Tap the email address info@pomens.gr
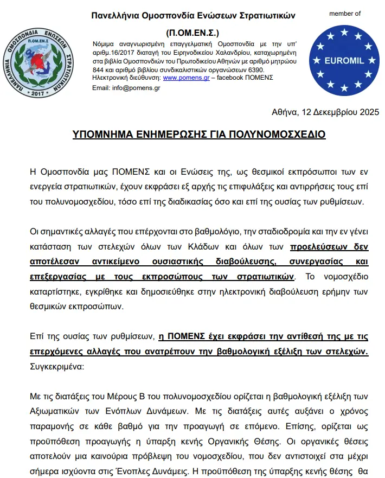tap(126, 88)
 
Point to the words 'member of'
tap(344, 14)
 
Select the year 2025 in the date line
tap(369, 112)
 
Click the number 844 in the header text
tap(99, 70)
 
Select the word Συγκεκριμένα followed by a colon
tap(57, 366)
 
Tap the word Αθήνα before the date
tap(284, 112)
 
